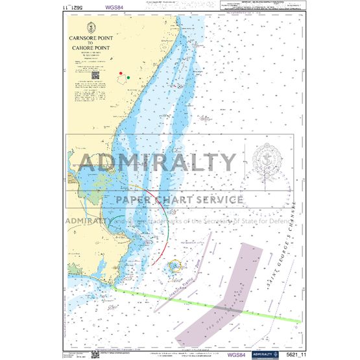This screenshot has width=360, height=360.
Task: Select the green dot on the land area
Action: pos(128,78)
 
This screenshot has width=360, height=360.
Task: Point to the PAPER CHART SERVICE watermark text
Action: pos(179,200)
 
